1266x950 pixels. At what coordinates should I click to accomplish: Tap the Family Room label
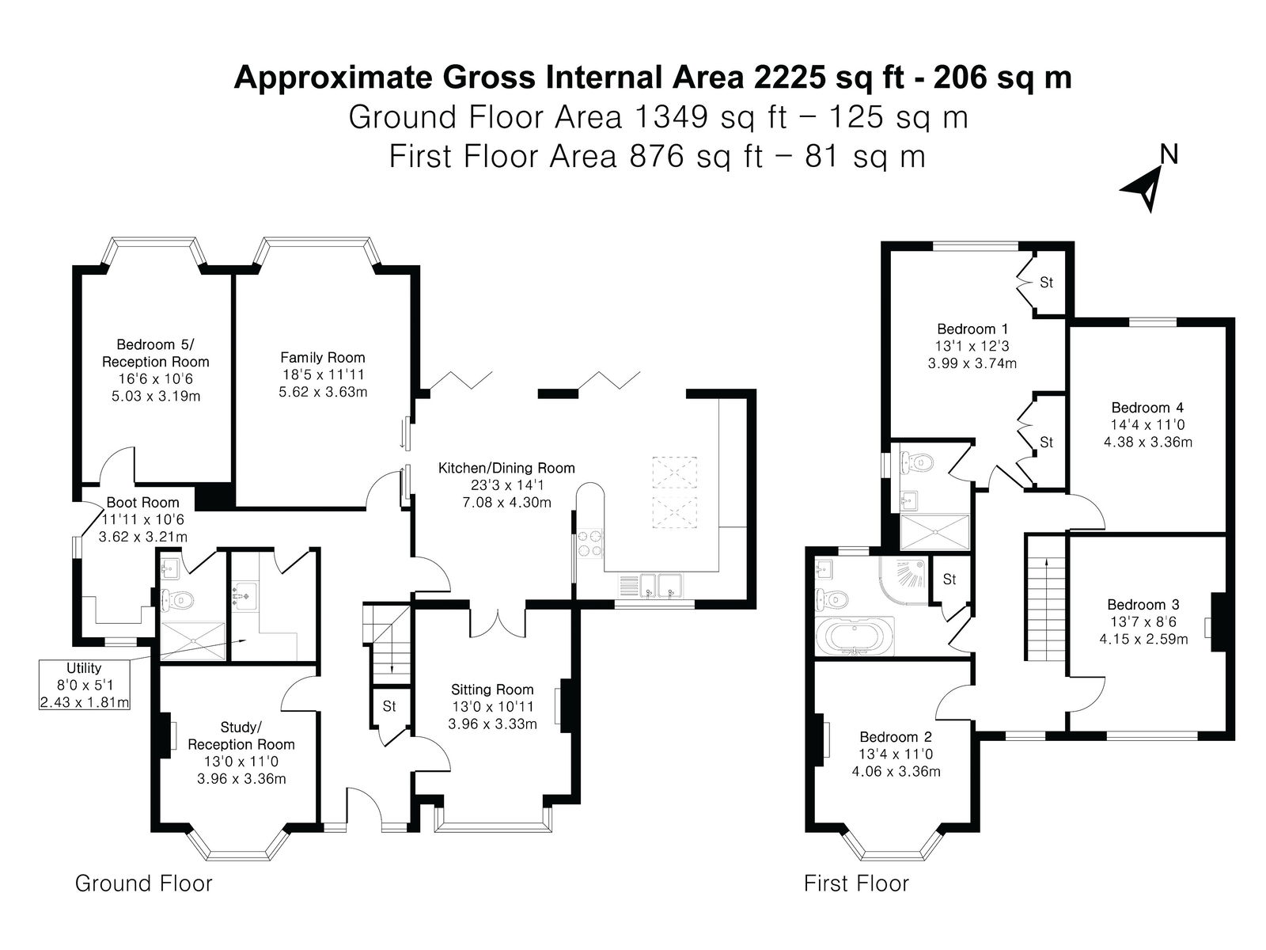click(x=322, y=358)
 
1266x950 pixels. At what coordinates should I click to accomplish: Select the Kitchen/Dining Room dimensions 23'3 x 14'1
click(x=506, y=485)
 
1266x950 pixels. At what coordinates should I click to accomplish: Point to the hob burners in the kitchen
click(x=589, y=543)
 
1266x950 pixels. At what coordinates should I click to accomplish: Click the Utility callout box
click(x=84, y=685)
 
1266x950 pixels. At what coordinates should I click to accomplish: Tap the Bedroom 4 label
click(x=1147, y=408)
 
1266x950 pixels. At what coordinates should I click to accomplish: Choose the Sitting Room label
click(x=492, y=690)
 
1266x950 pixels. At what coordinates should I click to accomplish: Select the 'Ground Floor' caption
click(x=144, y=883)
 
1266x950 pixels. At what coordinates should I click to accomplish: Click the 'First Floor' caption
click(x=856, y=883)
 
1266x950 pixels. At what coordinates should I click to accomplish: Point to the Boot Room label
click(x=142, y=503)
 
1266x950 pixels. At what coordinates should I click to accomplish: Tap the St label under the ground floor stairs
click(x=389, y=706)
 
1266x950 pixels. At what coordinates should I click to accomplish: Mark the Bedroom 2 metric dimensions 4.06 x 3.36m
click(x=896, y=771)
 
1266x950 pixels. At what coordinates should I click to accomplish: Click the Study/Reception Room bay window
click(x=238, y=846)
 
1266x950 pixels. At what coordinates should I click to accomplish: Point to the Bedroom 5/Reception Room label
click(x=155, y=353)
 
